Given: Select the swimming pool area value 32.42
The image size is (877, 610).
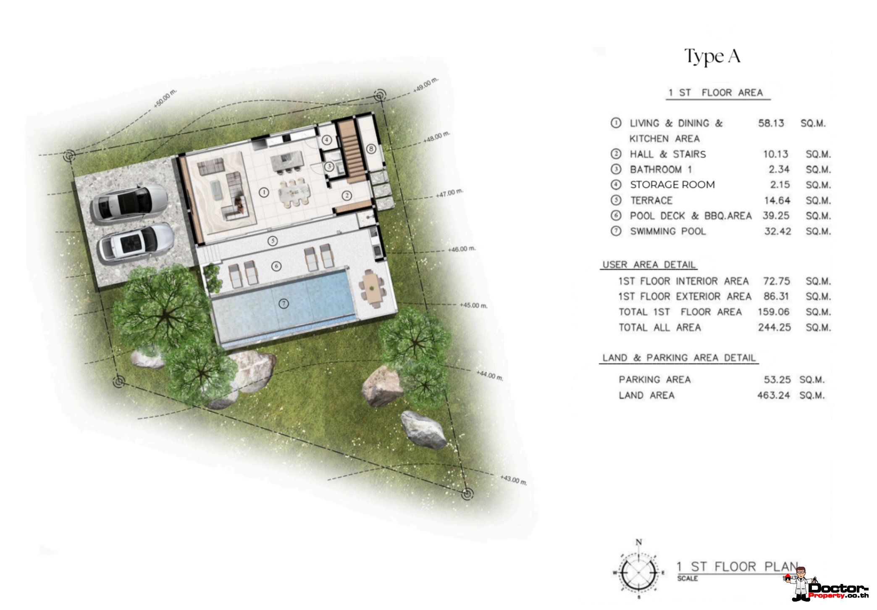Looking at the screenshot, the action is pyautogui.click(x=777, y=231).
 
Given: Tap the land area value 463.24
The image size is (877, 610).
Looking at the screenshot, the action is pyautogui.click(x=773, y=395).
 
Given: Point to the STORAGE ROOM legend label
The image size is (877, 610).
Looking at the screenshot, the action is pyautogui.click(x=672, y=185).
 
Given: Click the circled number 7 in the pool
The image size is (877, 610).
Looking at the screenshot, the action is pyautogui.click(x=284, y=303).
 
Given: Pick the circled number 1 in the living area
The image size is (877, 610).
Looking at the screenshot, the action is pyautogui.click(x=264, y=193).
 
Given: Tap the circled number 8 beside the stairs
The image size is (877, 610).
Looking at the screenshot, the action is pyautogui.click(x=371, y=149).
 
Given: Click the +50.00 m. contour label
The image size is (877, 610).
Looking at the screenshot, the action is pyautogui.click(x=165, y=98).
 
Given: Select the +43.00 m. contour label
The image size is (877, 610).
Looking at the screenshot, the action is pyautogui.click(x=514, y=480).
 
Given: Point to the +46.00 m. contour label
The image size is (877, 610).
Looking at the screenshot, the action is pyautogui.click(x=462, y=249).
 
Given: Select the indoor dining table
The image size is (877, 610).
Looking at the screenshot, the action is pyautogui.click(x=294, y=192).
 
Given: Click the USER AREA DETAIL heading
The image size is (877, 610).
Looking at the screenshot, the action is pyautogui.click(x=649, y=265).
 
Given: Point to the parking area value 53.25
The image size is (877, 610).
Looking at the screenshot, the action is pyautogui.click(x=777, y=380).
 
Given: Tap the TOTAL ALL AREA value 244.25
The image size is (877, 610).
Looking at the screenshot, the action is pyautogui.click(x=774, y=327).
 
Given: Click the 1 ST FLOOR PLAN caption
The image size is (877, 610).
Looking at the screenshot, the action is pyautogui.click(x=738, y=567).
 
